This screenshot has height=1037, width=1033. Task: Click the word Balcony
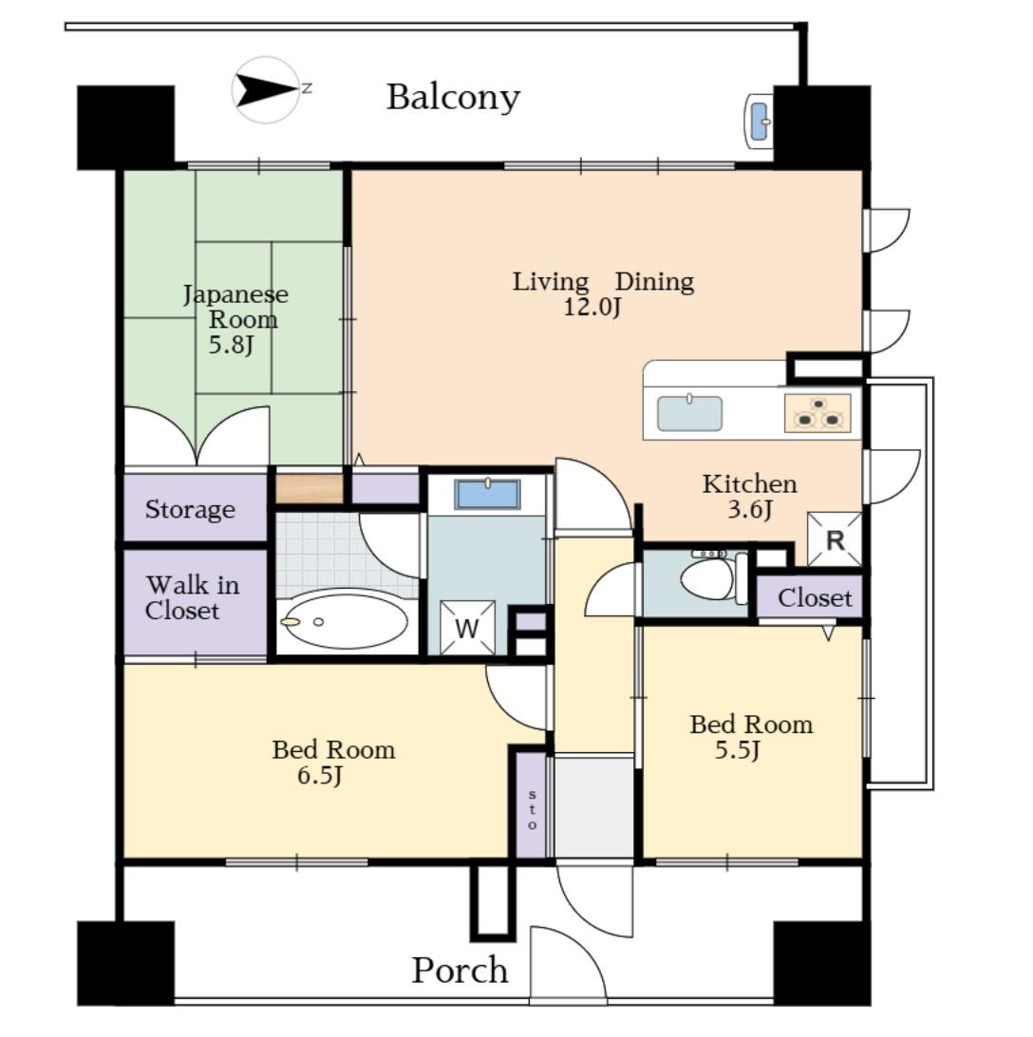453,98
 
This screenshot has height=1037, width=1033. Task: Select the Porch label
460,971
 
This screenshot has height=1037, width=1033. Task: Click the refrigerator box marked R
836,539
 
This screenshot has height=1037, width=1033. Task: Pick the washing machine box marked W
467,628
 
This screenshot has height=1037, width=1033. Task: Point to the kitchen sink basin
689,413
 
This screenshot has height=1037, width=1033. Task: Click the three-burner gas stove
817,413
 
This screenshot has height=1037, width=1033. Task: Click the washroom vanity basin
487,495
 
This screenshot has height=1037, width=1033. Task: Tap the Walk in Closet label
193,598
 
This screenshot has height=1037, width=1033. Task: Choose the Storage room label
190,509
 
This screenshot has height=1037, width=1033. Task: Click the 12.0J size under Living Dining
592,307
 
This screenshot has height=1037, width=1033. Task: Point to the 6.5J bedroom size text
319,775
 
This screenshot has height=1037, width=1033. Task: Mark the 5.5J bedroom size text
738,750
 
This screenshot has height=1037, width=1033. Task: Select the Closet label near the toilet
815,598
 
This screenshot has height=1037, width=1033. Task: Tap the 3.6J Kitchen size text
749,509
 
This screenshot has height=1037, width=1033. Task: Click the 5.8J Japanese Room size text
231,345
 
